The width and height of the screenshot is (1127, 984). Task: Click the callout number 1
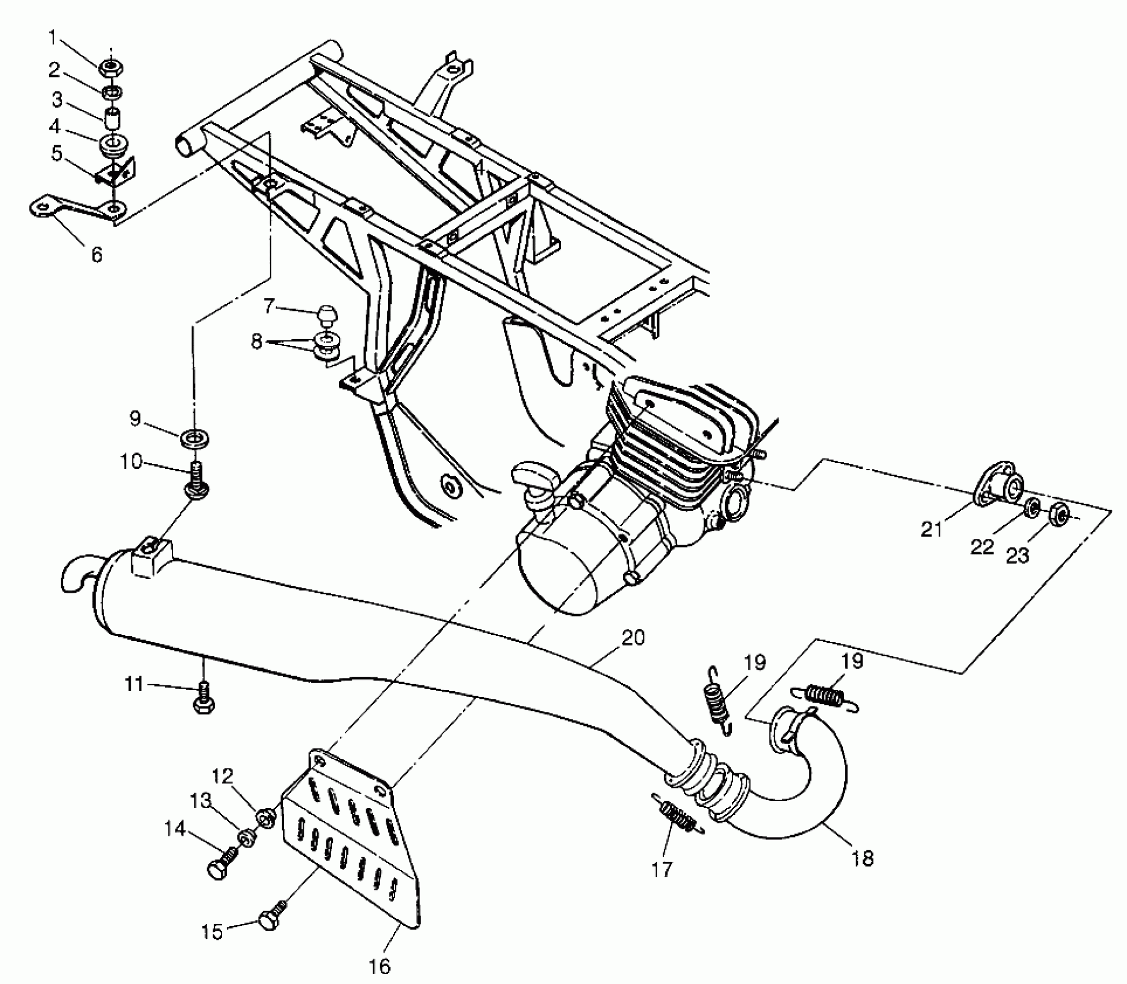tap(53, 38)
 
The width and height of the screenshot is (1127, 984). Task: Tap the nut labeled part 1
tap(111, 68)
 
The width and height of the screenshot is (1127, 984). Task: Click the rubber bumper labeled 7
tap(327, 317)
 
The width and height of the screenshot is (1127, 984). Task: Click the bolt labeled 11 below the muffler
tap(202, 699)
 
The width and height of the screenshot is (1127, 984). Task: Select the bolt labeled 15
tap(268, 920)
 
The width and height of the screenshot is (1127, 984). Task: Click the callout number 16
tap(380, 966)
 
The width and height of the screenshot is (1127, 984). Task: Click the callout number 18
tap(862, 858)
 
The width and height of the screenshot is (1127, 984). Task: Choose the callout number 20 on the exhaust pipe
tap(633, 638)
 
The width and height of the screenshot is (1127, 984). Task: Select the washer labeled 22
tap(1032, 508)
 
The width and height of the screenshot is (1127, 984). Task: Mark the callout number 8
tap(256, 342)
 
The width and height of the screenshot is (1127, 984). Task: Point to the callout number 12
tap(223, 776)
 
